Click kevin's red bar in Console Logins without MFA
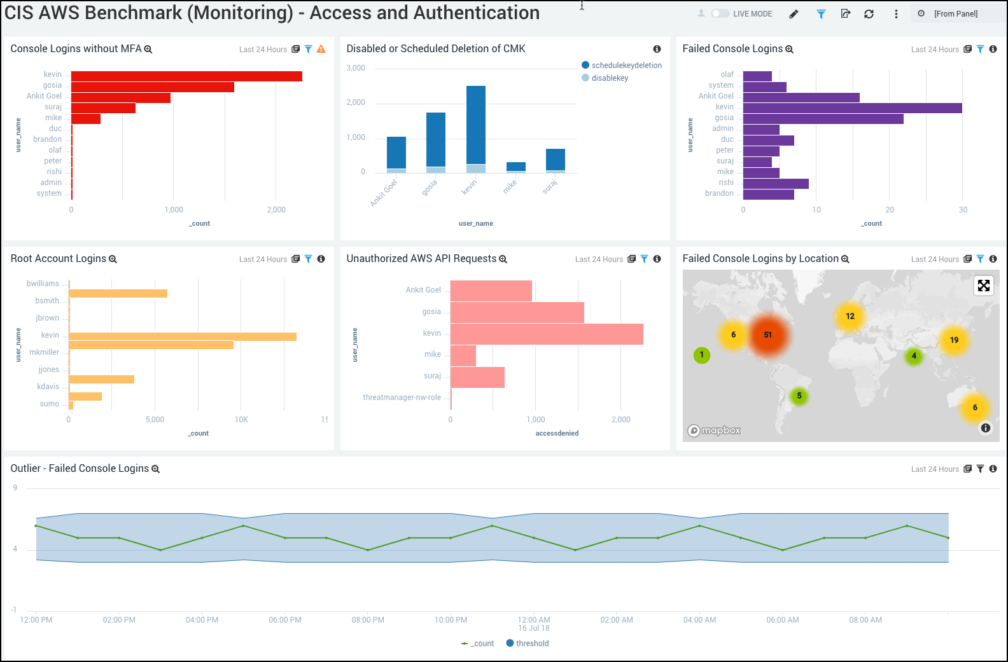click(186, 76)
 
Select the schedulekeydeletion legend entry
click(626, 66)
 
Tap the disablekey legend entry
click(609, 78)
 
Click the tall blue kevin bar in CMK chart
click(475, 125)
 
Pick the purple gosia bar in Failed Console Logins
click(823, 119)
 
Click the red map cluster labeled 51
click(768, 335)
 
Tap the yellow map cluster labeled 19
click(954, 340)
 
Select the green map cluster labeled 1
click(702, 355)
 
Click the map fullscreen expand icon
click(984, 286)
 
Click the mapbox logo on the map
click(715, 431)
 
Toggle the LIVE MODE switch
click(720, 13)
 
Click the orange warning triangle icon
click(321, 49)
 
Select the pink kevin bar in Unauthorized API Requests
click(547, 334)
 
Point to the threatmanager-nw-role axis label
click(402, 397)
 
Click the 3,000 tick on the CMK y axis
click(356, 68)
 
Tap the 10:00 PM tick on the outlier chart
click(451, 620)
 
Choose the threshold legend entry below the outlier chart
click(528, 644)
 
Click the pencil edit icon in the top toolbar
click(794, 14)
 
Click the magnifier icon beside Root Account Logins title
click(113, 259)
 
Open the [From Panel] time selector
click(956, 14)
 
